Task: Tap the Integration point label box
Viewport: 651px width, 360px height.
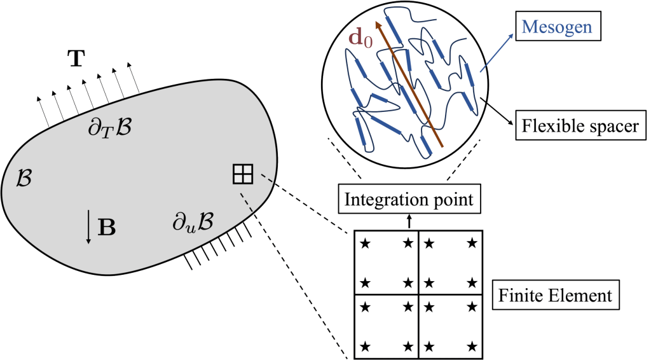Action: coord(409,200)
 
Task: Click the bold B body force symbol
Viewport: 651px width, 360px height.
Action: coord(107,228)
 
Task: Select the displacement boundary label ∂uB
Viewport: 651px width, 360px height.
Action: coord(193,223)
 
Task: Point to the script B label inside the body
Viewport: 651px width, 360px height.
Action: coord(24,178)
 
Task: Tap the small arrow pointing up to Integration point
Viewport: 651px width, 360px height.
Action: coord(409,221)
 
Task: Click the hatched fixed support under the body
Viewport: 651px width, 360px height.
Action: coord(216,247)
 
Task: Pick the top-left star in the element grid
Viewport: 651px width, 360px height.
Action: coord(365,243)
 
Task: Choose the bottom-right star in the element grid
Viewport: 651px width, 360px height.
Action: coord(472,346)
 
